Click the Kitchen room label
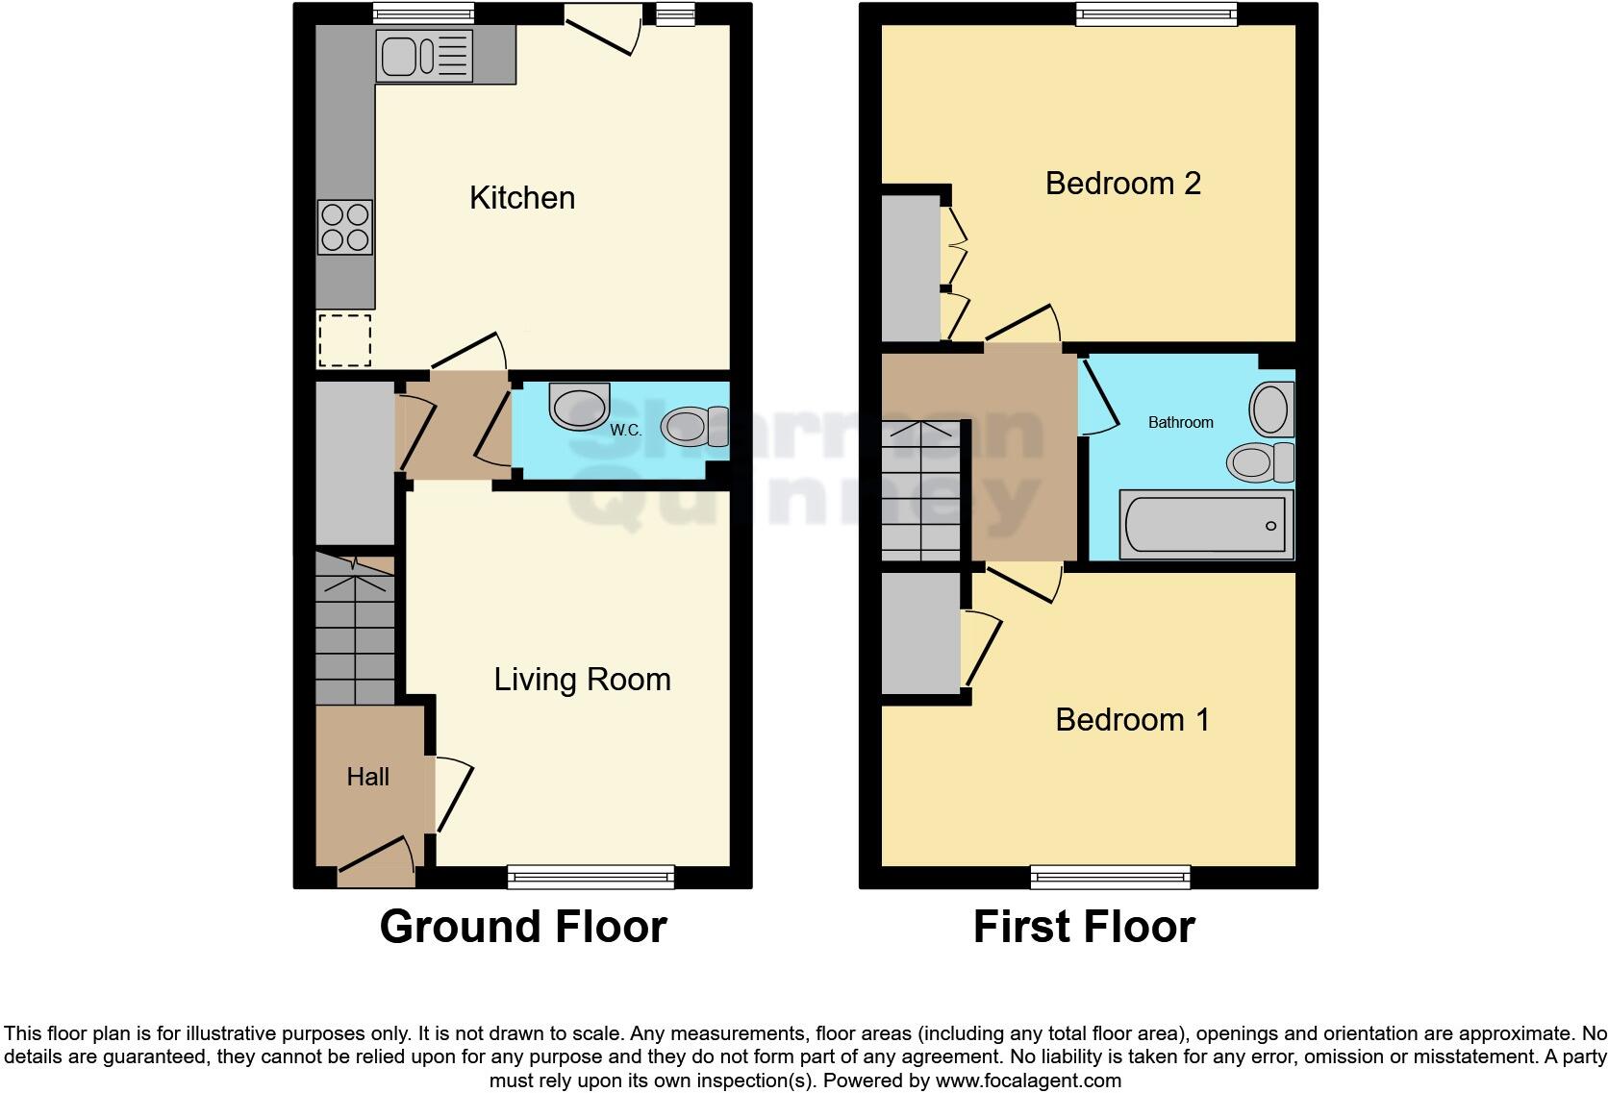tap(522, 198)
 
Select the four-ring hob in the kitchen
tap(345, 227)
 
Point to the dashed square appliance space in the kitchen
tap(344, 340)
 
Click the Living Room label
tap(582, 680)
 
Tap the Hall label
tap(367, 777)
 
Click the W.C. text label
tap(626, 430)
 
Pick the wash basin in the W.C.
tap(580, 405)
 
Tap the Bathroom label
tap(1180, 422)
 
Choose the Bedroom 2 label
tap(1122, 184)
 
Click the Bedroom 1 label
tap(1132, 720)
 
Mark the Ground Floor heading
tap(523, 927)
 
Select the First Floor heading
tap(1084, 927)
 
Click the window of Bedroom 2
tap(1156, 12)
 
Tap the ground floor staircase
tap(355, 630)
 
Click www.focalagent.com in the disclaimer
tap(1028, 1081)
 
